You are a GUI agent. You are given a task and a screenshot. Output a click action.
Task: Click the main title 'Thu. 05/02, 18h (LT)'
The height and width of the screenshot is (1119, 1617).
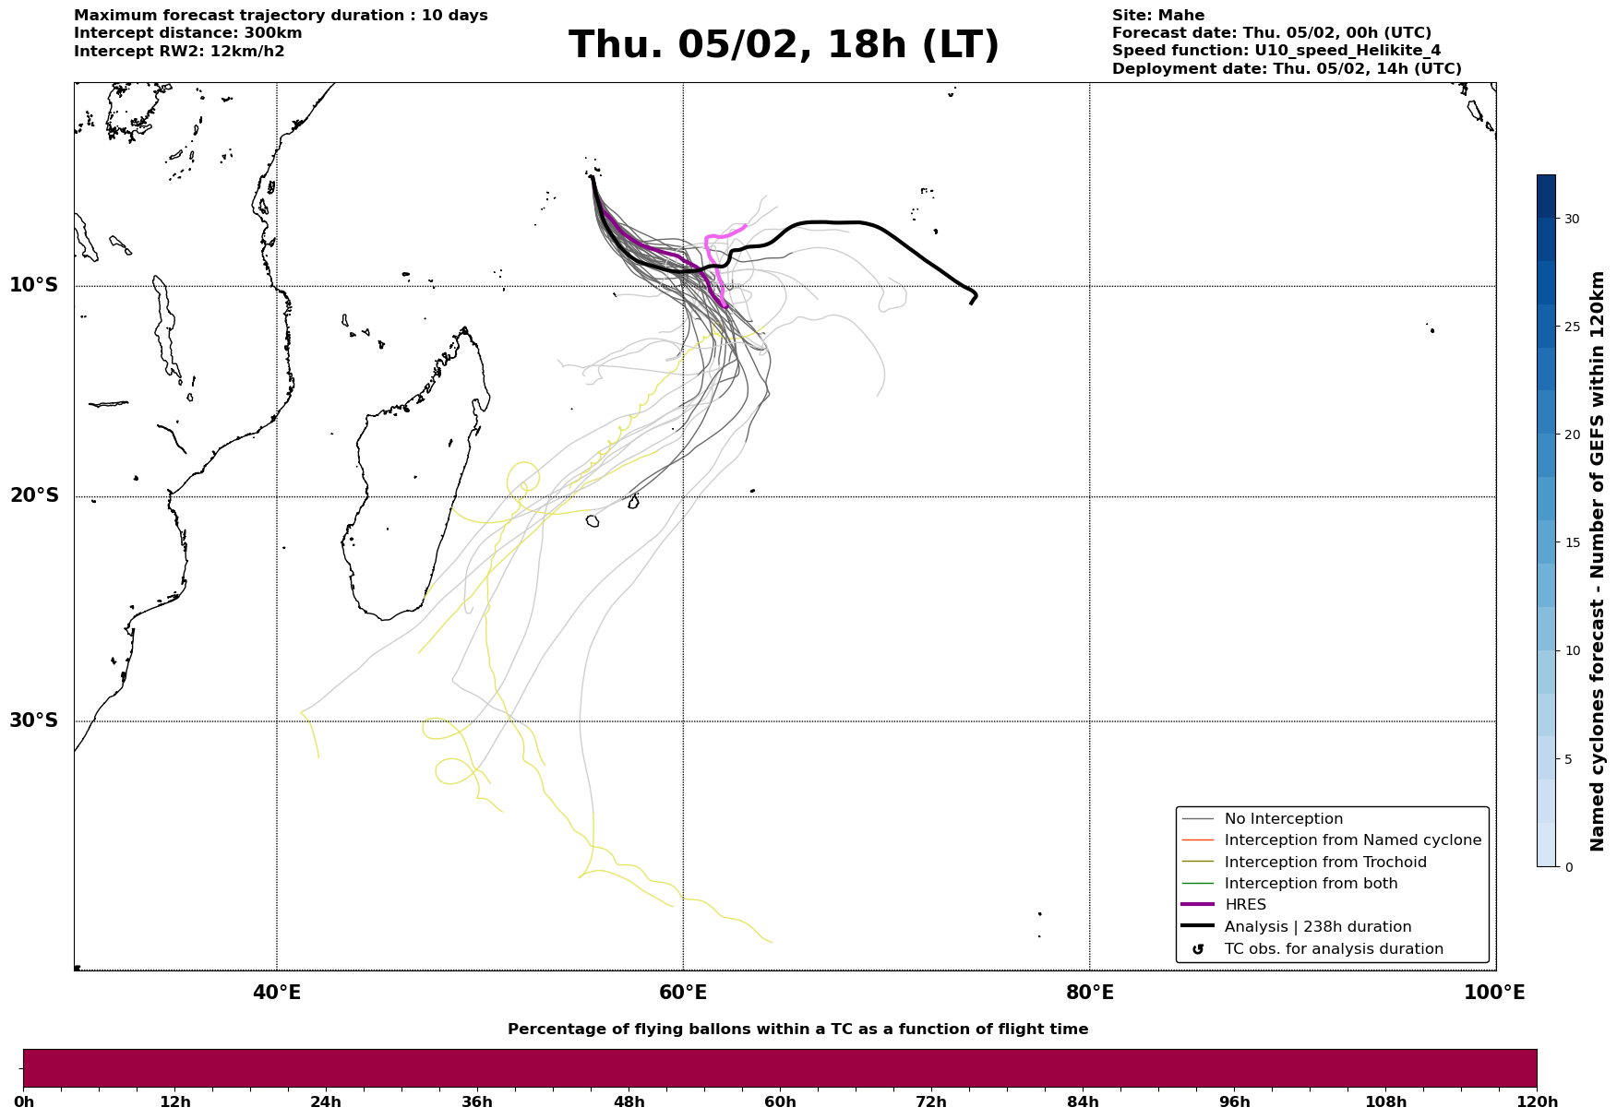click(x=784, y=45)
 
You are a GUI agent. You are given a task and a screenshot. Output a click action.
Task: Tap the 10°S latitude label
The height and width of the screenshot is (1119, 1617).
click(x=34, y=285)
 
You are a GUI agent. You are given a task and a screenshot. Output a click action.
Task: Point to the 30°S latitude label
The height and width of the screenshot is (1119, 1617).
click(x=34, y=720)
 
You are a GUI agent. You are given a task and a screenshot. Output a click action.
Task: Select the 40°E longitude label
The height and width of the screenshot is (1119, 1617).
click(x=277, y=993)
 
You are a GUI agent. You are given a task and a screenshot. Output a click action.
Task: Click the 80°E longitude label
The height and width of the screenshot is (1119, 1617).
click(x=1089, y=993)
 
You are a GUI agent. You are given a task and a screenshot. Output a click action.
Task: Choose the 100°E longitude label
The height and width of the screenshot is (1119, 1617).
click(x=1494, y=993)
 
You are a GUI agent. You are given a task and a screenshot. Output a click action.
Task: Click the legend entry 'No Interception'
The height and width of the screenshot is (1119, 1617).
click(x=1283, y=819)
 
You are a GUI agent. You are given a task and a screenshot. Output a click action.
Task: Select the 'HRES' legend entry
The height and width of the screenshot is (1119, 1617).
click(x=1245, y=905)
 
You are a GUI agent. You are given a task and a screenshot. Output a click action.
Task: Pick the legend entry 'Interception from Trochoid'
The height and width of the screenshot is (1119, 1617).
click(x=1324, y=863)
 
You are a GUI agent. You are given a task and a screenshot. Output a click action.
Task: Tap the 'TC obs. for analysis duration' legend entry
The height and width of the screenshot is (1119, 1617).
click(x=1333, y=949)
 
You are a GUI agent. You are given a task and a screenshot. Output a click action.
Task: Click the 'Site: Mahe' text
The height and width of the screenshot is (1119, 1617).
click(x=1157, y=16)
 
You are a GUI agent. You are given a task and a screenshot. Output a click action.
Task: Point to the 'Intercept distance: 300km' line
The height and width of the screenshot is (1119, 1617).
click(x=187, y=33)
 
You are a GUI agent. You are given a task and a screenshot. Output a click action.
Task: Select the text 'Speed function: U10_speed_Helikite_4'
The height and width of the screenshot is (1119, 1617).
click(x=1276, y=51)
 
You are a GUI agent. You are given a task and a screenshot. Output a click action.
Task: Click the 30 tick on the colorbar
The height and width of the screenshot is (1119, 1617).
click(x=1571, y=219)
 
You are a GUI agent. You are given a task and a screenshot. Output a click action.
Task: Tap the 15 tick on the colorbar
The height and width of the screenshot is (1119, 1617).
click(x=1571, y=542)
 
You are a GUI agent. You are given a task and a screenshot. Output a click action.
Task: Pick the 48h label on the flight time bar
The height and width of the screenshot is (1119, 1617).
click(x=629, y=1102)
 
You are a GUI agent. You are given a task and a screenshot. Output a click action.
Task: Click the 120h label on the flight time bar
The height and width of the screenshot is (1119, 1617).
click(x=1537, y=1102)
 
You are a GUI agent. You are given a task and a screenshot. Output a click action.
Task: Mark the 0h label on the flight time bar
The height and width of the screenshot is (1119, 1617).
click(x=24, y=1102)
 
